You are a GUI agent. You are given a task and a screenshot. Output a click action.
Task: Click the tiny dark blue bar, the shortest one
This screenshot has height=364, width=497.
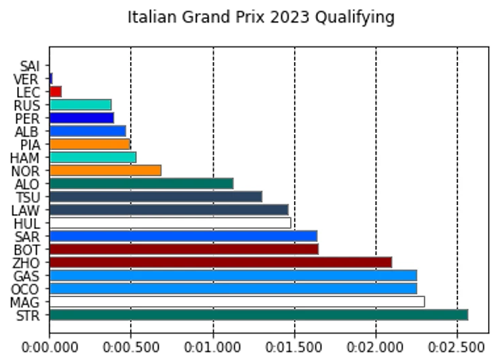[51, 78]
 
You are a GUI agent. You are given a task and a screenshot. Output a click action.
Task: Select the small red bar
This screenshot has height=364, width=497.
[56, 91]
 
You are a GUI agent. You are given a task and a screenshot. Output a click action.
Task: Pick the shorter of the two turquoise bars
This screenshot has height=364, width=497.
[80, 105]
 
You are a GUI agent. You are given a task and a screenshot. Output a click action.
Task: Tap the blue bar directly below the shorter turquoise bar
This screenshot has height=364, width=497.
[82, 118]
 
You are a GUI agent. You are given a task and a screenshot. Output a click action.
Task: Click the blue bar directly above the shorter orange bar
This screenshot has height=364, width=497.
[88, 131]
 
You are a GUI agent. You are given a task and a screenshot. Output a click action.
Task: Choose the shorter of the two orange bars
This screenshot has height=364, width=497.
[90, 144]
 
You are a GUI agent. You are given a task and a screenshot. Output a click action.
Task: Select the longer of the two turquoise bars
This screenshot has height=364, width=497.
[93, 157]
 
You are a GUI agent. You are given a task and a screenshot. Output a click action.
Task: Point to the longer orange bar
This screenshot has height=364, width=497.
[106, 170]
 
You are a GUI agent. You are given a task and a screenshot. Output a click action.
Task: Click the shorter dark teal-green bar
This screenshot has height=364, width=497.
[142, 183]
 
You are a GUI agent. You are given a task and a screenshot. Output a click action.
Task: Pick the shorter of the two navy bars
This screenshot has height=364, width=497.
[156, 196]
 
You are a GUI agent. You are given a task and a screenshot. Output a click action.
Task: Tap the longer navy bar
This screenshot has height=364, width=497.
[169, 209]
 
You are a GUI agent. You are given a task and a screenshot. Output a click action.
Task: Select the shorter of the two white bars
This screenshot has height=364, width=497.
[170, 223]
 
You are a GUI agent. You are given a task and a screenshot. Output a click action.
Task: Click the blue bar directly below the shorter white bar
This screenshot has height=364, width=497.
[183, 236]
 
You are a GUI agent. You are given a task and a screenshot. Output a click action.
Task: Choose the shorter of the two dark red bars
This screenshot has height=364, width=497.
[184, 249]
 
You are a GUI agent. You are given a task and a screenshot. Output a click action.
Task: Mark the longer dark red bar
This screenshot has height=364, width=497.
[221, 262]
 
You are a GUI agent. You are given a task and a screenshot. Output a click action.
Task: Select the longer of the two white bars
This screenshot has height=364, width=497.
[237, 301]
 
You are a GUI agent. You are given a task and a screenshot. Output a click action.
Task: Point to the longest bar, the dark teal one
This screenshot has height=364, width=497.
[259, 315]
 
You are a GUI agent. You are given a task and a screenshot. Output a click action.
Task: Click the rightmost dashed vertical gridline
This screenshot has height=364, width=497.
[457, 191]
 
